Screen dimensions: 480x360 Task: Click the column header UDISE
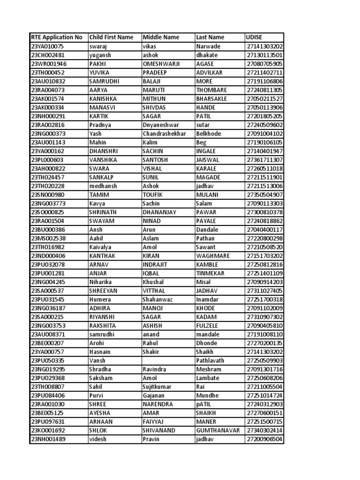[254, 37]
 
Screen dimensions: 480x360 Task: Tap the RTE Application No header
[56, 37]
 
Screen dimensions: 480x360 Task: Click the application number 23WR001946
[49, 64]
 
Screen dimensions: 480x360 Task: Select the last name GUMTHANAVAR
[219, 431]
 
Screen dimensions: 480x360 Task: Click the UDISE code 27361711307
[264, 160]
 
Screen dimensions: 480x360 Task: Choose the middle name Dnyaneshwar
[162, 125]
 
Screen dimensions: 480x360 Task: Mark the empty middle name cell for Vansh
[168, 361]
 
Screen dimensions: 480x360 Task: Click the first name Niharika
[101, 282]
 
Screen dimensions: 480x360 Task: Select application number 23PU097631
[49, 422]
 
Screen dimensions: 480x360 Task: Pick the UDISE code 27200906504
[264, 439]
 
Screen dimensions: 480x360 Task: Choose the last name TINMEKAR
[210, 273]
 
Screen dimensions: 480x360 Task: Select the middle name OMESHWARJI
[165, 64]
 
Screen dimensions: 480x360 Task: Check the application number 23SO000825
[48, 212]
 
